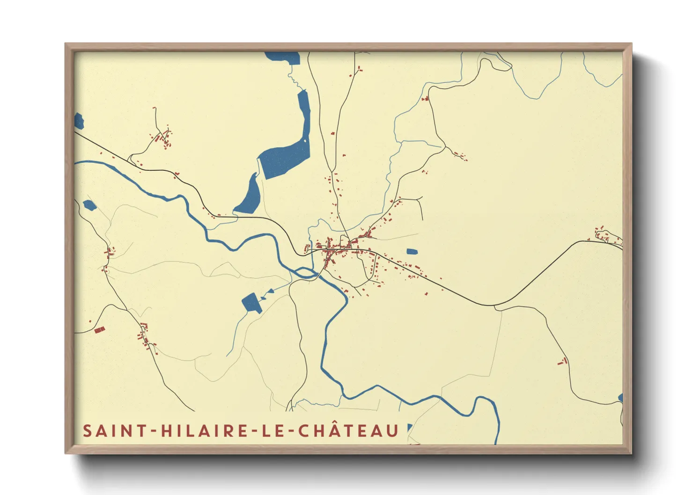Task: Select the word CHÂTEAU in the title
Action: pos(348,431)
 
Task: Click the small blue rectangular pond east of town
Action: pos(412,252)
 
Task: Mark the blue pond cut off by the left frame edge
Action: pos(79,121)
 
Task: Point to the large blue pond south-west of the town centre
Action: pos(251,303)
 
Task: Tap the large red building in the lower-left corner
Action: pos(99,330)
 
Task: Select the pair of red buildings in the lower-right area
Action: pos(562,361)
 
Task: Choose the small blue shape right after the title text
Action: pos(410,427)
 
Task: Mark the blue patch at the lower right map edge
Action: pos(620,398)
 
